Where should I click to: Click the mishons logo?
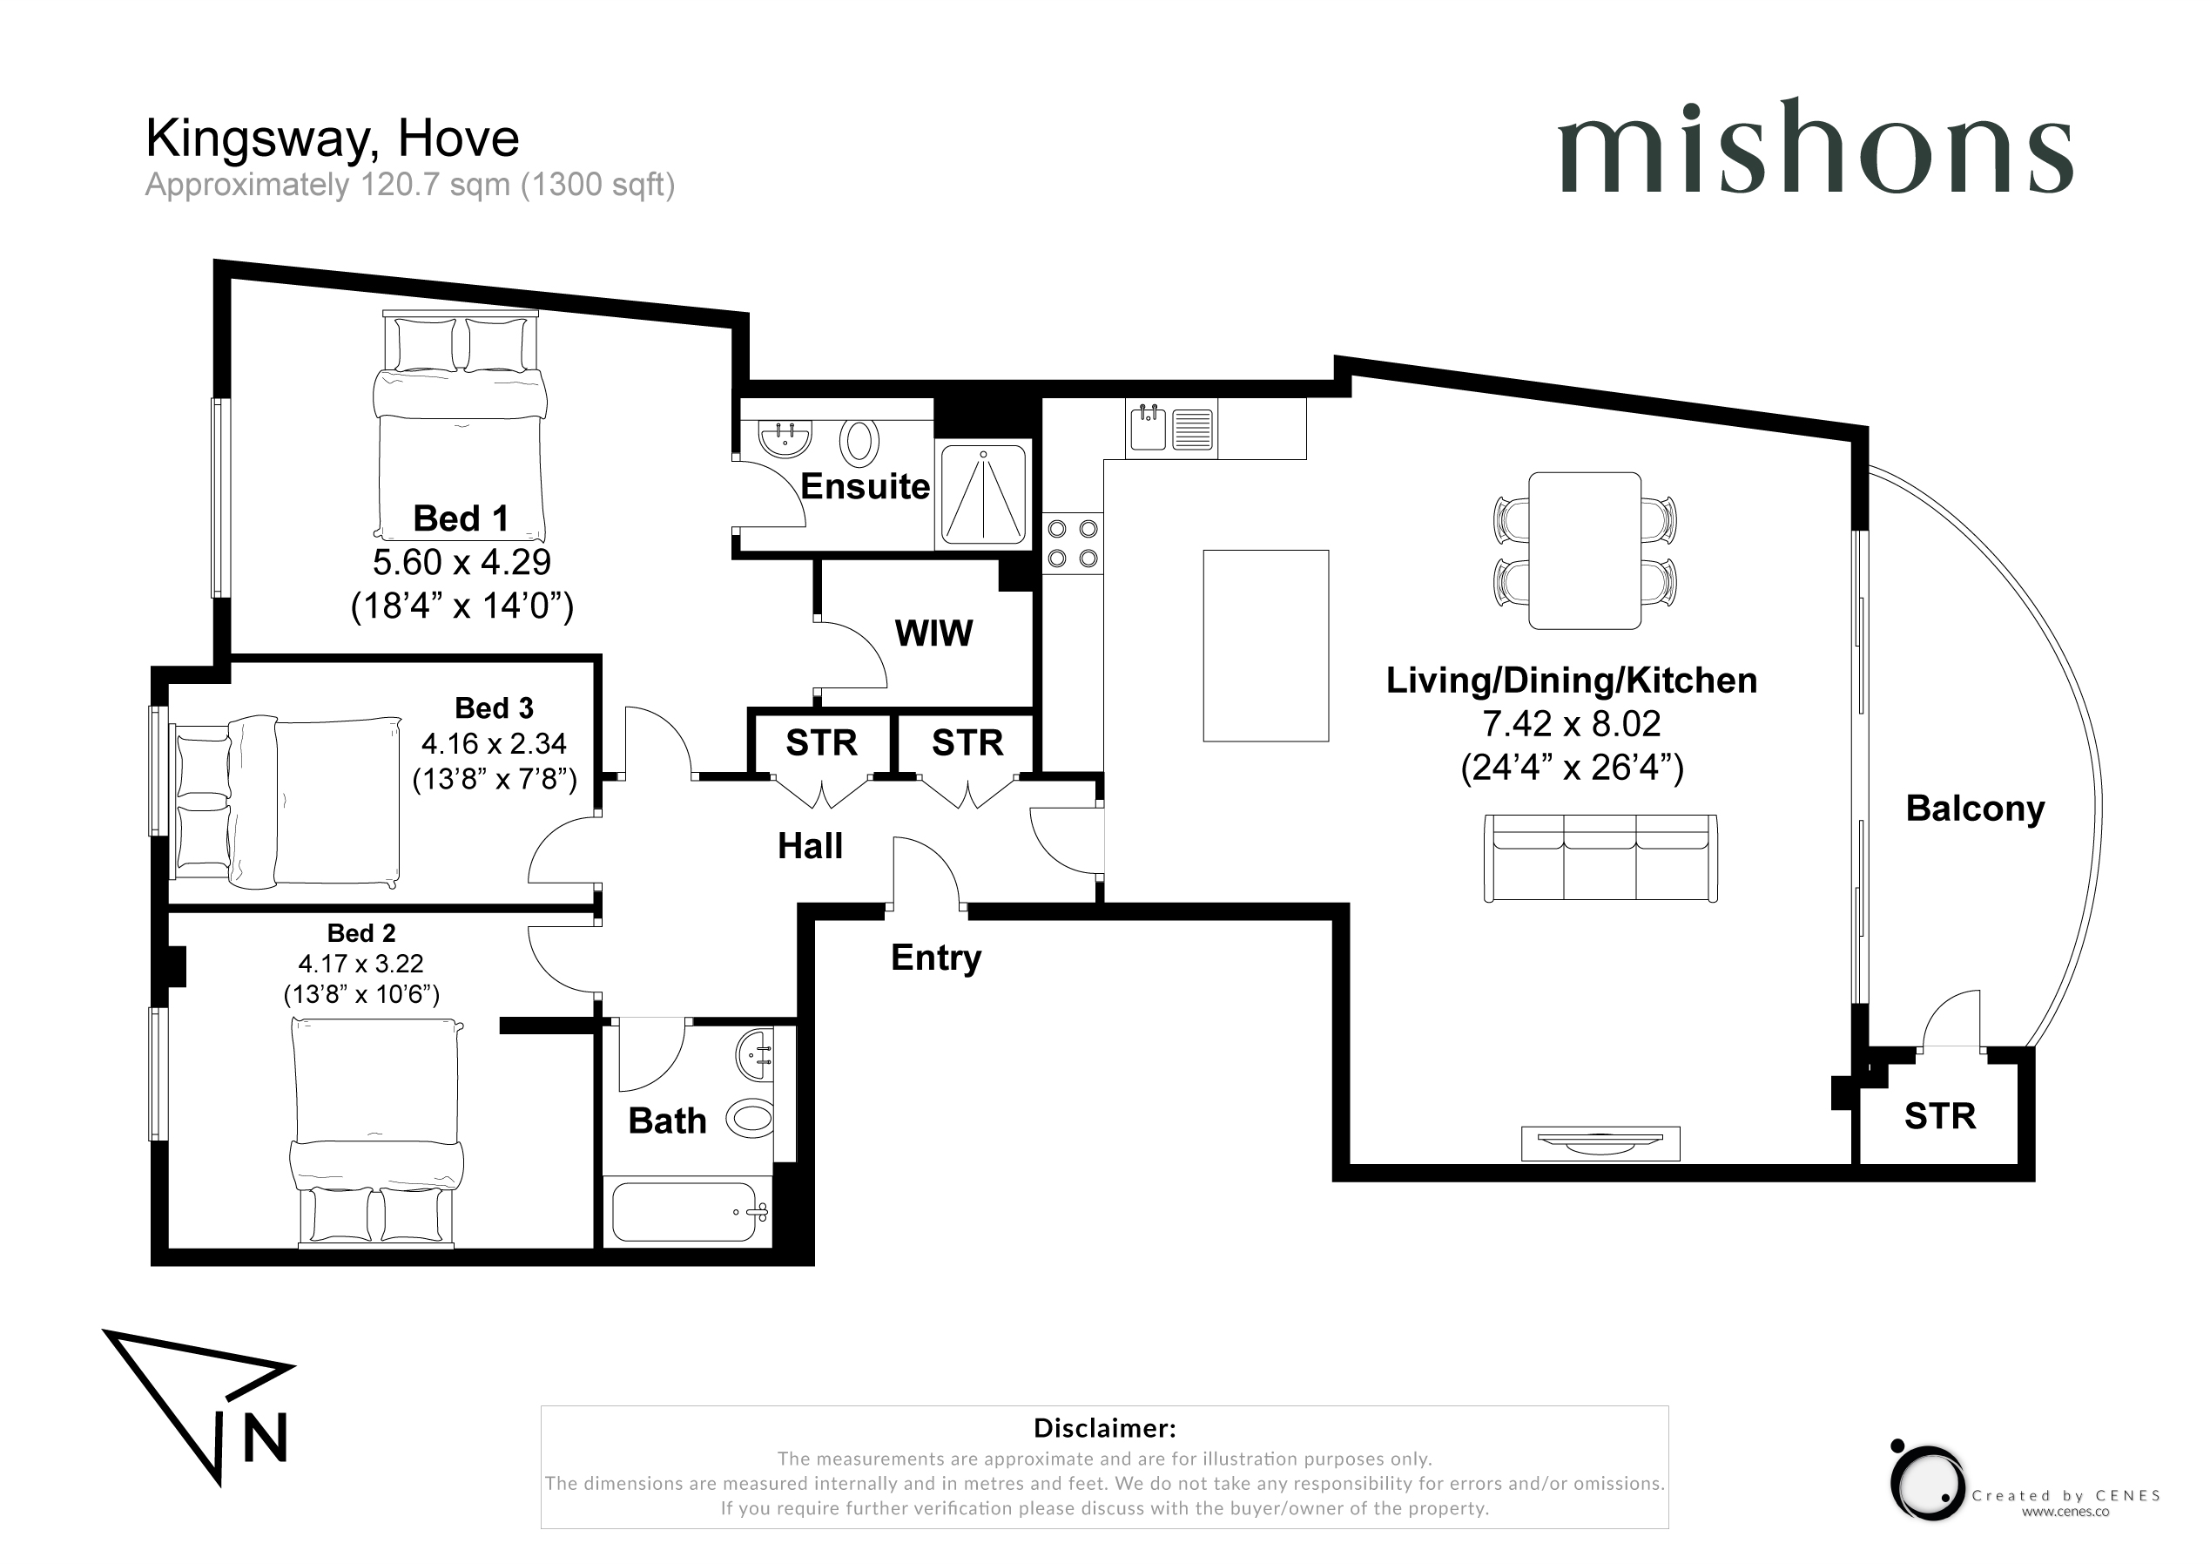(1815, 146)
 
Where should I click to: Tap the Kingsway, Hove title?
(332, 138)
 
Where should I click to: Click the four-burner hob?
(1072, 543)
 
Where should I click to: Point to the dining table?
(1584, 550)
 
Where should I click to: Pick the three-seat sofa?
(1600, 858)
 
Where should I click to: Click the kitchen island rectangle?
(1266, 646)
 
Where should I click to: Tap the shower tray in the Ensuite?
(983, 494)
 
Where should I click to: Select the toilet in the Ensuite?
(859, 442)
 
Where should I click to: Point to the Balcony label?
(1975, 809)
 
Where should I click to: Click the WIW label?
(933, 633)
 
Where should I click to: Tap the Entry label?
(935, 958)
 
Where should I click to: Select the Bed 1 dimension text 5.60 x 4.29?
(462, 561)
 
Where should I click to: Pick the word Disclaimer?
(1104, 1428)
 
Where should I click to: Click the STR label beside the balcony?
(1939, 1116)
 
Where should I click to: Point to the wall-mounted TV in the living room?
(1600, 1143)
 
